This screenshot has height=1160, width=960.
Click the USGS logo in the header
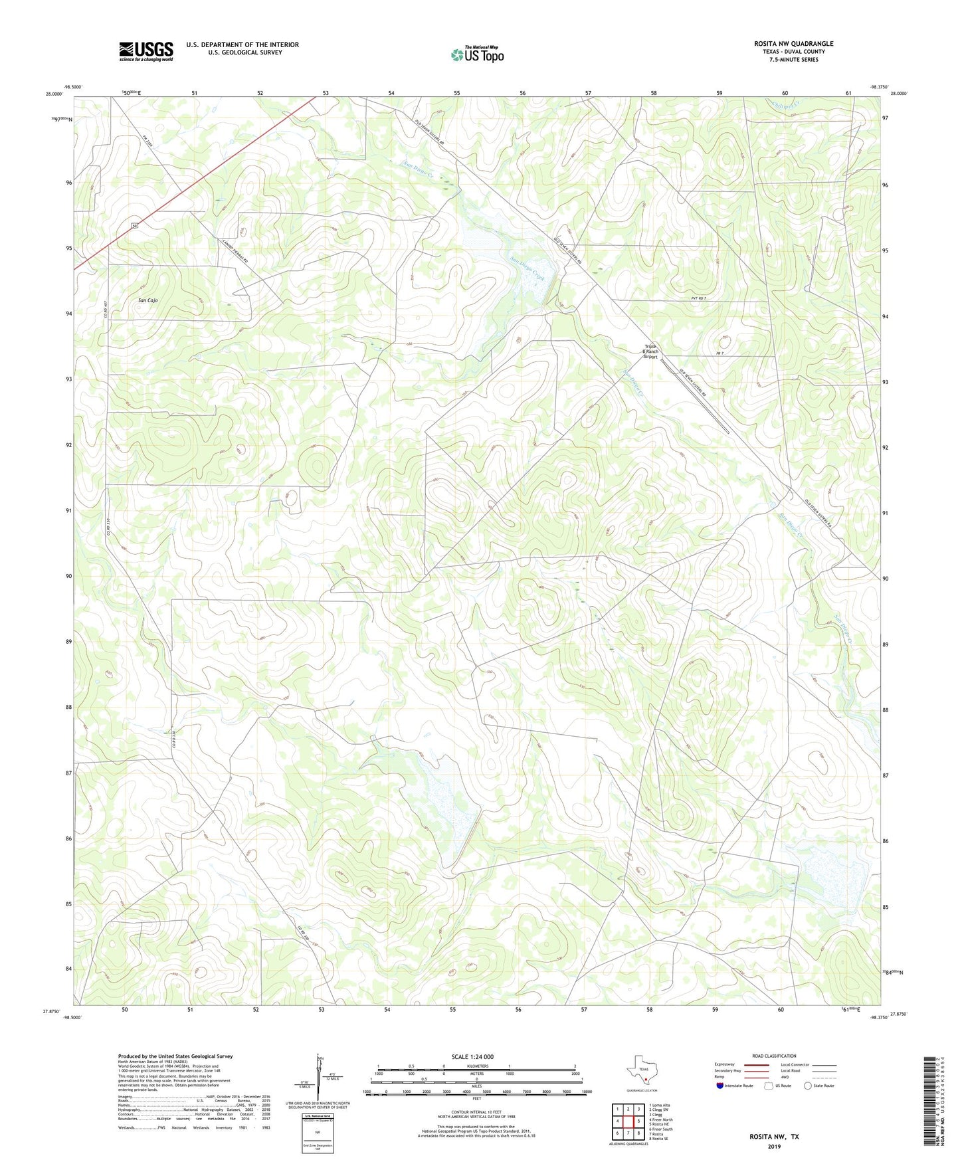point(146,51)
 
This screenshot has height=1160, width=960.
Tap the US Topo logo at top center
point(477,54)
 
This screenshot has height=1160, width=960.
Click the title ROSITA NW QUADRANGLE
point(793,44)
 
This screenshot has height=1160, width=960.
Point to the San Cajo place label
point(147,301)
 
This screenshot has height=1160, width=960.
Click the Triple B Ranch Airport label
point(650,351)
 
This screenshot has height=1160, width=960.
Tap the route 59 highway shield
point(135,226)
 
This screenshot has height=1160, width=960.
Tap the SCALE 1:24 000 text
point(472,1056)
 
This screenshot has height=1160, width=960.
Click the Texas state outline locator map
point(640,1074)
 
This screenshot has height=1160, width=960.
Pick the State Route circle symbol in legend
point(808,1086)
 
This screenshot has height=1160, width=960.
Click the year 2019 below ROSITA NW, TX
point(774,1146)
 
